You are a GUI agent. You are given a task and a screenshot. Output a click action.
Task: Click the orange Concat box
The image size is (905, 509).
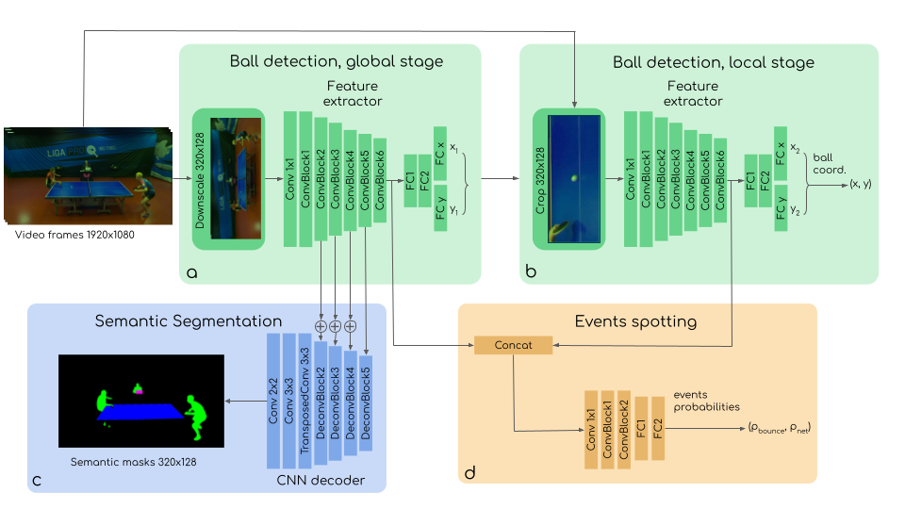click(x=513, y=345)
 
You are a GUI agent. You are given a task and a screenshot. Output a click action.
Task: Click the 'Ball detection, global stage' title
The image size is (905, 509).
click(x=337, y=61)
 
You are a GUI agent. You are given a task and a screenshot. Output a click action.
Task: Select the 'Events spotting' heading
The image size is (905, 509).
click(x=635, y=321)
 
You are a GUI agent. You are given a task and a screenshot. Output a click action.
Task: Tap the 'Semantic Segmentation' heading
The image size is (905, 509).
click(x=189, y=321)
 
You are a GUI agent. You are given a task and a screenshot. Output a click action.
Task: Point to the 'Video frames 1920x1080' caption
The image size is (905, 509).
click(x=74, y=235)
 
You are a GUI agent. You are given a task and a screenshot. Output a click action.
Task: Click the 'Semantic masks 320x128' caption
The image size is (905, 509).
click(x=133, y=462)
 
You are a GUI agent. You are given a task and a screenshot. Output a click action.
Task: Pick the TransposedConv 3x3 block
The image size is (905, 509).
click(x=304, y=402)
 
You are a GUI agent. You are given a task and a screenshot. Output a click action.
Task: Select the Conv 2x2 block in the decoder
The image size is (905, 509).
click(x=273, y=402)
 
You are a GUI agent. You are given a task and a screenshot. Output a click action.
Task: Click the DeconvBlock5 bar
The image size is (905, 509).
click(x=366, y=402)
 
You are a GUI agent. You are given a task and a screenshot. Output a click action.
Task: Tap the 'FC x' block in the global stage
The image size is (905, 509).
click(x=440, y=153)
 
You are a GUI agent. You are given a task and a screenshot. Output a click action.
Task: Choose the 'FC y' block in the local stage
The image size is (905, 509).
click(x=781, y=207)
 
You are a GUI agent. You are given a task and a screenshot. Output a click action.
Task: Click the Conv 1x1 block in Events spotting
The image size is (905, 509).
click(x=591, y=430)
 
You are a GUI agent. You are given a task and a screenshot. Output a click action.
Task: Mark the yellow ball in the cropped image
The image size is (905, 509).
click(x=574, y=178)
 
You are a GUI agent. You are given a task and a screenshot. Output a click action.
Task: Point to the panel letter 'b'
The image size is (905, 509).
click(x=531, y=271)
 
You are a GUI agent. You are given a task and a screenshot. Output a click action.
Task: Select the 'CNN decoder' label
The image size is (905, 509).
click(x=321, y=480)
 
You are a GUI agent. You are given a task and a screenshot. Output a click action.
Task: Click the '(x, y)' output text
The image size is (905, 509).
click(x=861, y=184)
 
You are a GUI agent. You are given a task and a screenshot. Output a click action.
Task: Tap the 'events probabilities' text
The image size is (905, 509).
click(x=706, y=401)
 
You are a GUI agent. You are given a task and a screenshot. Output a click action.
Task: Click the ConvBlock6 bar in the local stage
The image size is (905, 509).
click(x=720, y=180)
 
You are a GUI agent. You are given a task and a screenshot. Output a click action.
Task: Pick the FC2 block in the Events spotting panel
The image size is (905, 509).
click(x=658, y=428)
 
